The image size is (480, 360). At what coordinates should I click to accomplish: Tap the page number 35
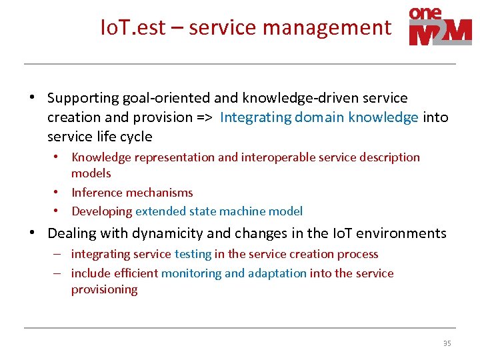(x=447, y=343)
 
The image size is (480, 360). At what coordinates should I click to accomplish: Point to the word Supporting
(x=83, y=98)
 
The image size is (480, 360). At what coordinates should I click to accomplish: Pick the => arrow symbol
(x=203, y=117)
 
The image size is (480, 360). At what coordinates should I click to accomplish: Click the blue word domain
(x=318, y=117)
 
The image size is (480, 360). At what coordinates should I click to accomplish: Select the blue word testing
(x=193, y=254)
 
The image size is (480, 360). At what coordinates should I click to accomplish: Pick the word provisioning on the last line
(x=104, y=289)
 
